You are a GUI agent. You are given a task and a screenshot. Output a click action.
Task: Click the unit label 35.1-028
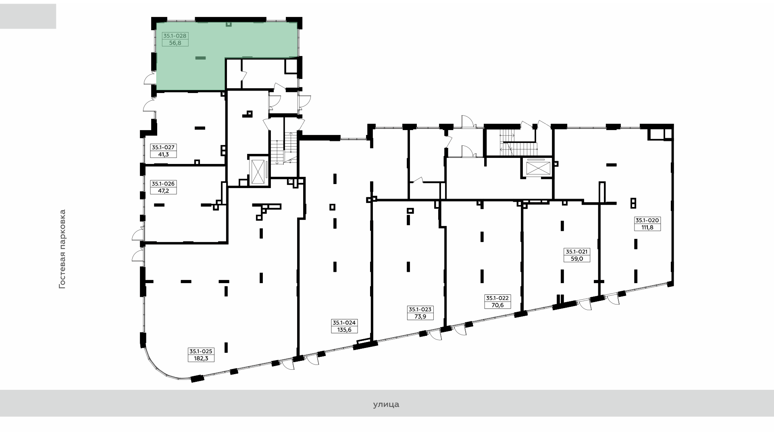175,35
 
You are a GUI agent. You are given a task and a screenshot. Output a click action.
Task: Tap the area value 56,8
175,42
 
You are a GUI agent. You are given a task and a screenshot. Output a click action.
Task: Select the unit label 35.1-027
163,147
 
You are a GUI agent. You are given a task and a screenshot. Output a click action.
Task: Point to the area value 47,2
163,191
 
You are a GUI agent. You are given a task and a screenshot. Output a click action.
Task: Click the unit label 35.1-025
201,351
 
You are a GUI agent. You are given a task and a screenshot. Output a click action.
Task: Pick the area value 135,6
344,329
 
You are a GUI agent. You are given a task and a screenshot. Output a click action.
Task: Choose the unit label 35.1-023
420,309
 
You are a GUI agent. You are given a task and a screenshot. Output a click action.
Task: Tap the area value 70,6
497,305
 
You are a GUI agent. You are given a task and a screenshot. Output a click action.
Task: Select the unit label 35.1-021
577,252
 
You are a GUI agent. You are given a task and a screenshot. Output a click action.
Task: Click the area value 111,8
647,227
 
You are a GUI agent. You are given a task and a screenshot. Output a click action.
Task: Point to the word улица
386,404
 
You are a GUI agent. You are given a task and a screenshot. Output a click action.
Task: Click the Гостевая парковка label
62,249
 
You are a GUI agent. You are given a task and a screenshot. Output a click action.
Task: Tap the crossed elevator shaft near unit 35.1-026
258,171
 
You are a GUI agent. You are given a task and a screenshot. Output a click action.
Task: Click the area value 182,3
201,358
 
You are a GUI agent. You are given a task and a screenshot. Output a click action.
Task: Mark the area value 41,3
163,154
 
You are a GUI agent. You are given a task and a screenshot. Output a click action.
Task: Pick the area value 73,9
420,316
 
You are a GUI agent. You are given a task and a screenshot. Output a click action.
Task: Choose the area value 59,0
577,259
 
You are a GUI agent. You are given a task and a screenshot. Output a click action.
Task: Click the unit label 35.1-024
344,323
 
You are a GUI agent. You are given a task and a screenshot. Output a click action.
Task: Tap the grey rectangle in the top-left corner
28,16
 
